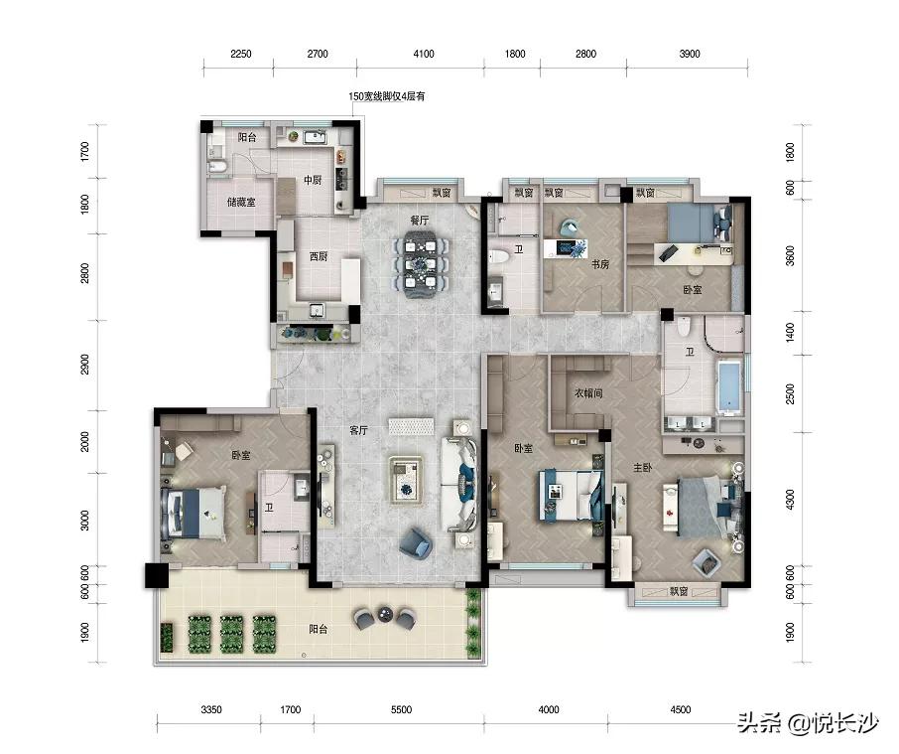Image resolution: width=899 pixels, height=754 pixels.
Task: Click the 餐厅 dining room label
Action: coord(420,221)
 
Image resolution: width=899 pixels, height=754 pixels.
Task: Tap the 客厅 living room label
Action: coord(359,430)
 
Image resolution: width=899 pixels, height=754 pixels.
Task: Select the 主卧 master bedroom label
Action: coord(643,468)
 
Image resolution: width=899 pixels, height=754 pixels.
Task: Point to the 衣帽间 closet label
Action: coord(588,393)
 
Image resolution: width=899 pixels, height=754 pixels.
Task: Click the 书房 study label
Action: coord(600,264)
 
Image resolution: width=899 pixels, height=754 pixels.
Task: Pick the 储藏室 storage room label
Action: coord(241,202)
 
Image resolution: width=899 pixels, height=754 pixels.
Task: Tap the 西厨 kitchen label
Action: coord(319,256)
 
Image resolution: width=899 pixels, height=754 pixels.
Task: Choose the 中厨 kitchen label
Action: coord(313,180)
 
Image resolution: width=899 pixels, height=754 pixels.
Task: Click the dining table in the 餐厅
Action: coord(422,264)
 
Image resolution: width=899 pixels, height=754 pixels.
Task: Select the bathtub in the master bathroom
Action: coord(729,386)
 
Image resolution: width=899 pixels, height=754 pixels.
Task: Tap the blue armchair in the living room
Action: coord(416,542)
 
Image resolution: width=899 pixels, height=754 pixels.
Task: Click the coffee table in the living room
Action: coord(407,480)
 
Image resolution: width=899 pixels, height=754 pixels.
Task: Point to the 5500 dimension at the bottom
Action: coord(401,710)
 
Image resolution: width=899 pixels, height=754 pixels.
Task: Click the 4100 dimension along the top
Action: coord(424,54)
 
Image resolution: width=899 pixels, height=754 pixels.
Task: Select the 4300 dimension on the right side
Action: coord(790,500)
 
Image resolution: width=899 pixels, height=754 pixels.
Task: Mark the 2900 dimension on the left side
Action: coord(85,365)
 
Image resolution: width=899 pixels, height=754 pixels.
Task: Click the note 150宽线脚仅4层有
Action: coord(387,96)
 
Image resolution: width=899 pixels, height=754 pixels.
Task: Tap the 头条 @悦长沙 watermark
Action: coord(808,723)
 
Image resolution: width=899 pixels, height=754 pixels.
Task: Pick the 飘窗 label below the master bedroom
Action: coord(679,592)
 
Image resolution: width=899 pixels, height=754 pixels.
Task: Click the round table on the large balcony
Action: coord(384,615)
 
